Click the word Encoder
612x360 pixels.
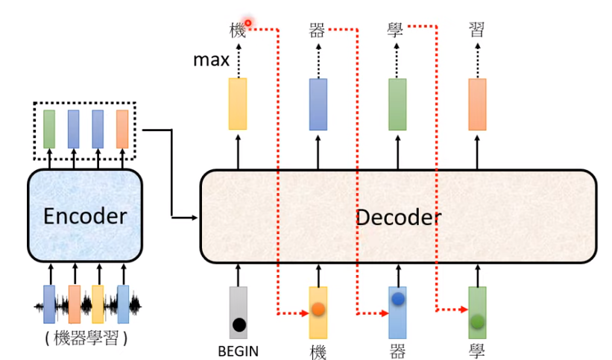(x=85, y=215)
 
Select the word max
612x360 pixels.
(x=211, y=60)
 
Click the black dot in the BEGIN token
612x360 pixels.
(x=239, y=324)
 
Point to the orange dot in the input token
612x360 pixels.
(x=318, y=309)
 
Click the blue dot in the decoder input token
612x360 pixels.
(x=398, y=299)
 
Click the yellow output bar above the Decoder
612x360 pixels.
(x=238, y=104)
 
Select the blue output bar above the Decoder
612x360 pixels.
(x=318, y=104)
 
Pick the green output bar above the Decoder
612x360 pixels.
(x=397, y=104)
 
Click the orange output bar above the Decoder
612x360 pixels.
(x=477, y=104)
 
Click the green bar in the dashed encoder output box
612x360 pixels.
(x=49, y=128)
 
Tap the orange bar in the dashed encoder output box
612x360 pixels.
(x=122, y=128)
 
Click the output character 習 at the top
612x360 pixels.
(x=477, y=30)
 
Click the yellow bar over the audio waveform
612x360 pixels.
(x=98, y=302)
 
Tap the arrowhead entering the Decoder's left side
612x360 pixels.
(x=196, y=218)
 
